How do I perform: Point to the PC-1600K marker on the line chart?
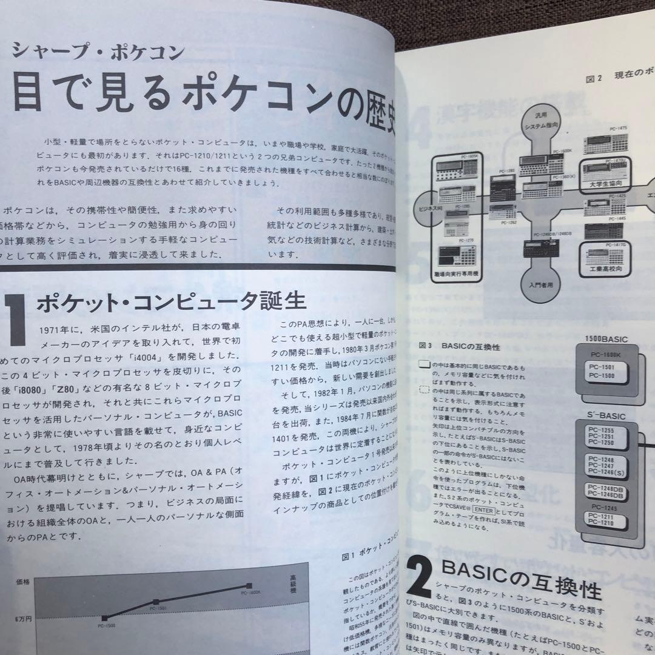coord(249,585)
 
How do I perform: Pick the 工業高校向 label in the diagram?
coord(611,267)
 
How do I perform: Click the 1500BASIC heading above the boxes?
coord(606,340)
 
